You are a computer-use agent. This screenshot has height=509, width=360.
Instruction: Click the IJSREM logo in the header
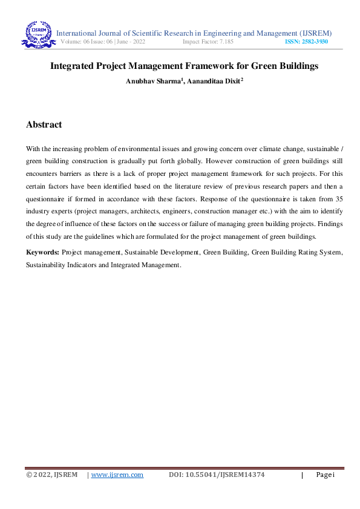click(x=39, y=35)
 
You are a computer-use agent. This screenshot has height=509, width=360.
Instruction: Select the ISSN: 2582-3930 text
click(x=306, y=42)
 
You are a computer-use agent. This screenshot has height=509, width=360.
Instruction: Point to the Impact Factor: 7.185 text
click(x=208, y=42)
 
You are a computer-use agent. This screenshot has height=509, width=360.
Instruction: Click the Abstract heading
click(x=44, y=125)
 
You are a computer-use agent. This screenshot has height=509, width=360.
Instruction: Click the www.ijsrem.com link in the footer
click(x=117, y=475)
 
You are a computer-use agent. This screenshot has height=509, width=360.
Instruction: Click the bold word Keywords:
click(x=42, y=252)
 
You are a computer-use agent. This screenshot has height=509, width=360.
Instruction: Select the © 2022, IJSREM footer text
click(x=51, y=475)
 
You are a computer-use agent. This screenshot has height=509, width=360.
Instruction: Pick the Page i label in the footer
click(x=325, y=475)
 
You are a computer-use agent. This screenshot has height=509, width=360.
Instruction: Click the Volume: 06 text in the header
click(x=76, y=42)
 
